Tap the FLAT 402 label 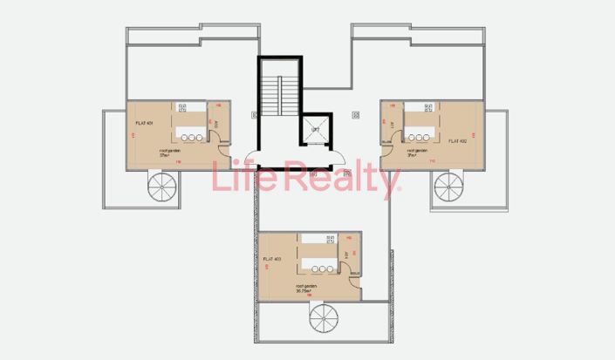(457, 139)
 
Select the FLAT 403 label (272, 259)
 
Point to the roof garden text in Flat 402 (417, 151)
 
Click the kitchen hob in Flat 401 (183, 107)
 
